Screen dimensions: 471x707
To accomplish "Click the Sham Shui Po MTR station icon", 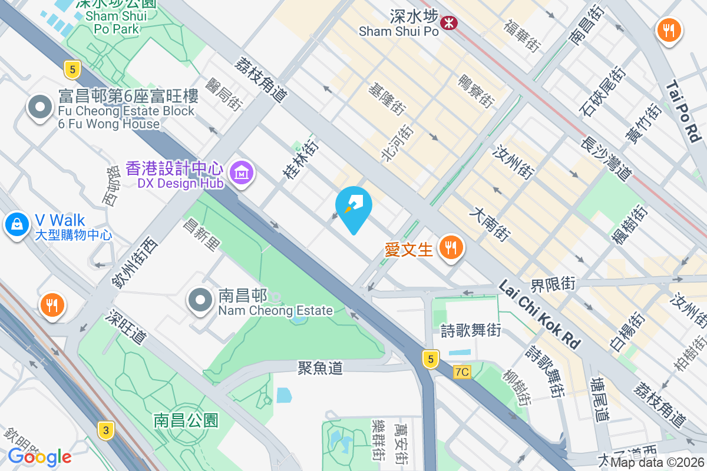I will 450,23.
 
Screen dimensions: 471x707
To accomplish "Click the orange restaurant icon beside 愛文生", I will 452,248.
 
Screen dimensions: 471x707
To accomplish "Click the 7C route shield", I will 462,372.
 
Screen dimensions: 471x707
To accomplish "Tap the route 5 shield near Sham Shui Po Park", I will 72,69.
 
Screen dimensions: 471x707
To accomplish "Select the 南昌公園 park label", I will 186,420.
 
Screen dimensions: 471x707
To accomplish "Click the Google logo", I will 39,456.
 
